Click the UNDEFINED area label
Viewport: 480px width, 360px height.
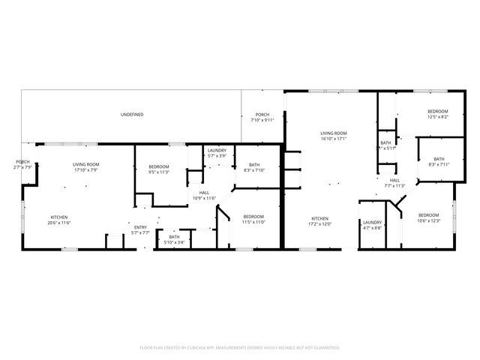pos(132,115)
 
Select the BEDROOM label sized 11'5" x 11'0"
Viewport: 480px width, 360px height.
pos(253,218)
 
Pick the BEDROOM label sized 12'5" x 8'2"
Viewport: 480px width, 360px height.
pos(437,113)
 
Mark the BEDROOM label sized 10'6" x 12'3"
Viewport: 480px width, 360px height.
pos(428,217)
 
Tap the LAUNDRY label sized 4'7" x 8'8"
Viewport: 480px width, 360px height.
pos(373,224)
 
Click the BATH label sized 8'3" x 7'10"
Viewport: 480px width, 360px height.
pos(254,167)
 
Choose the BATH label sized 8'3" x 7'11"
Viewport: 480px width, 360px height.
pos(439,161)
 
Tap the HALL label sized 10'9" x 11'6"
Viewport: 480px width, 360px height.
pos(204,194)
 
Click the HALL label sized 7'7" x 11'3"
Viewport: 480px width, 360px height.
pos(394,182)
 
